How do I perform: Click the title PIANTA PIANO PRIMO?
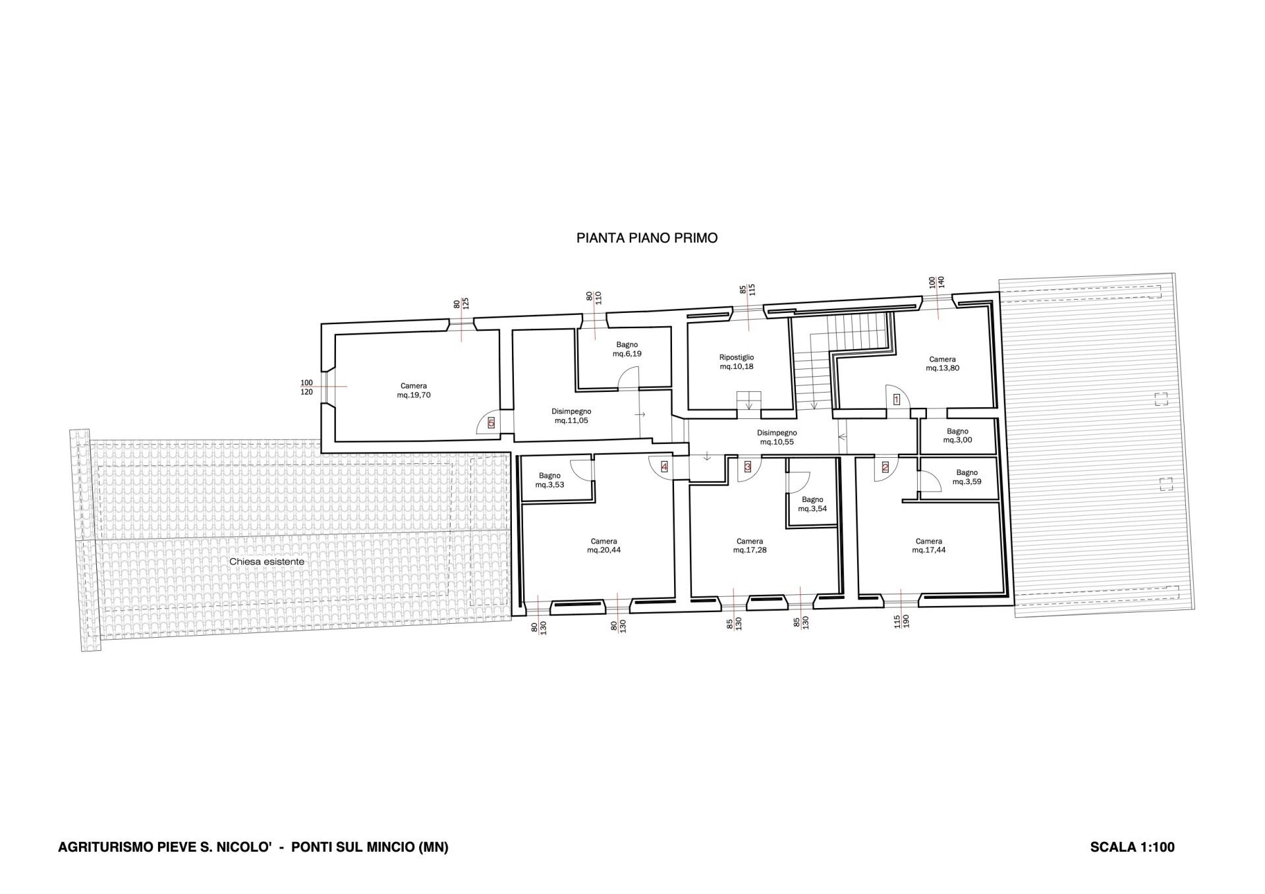tap(647, 238)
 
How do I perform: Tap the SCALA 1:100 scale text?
tap(1132, 847)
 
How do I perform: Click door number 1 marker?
tap(896, 399)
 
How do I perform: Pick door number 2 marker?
tap(885, 467)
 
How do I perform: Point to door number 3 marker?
tap(748, 467)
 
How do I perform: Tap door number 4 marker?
tap(664, 467)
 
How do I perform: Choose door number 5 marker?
tap(491, 424)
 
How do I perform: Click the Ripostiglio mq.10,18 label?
tap(737, 362)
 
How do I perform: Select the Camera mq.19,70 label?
tap(414, 391)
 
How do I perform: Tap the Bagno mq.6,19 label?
tap(627, 349)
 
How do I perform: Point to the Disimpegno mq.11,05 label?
tap(571, 416)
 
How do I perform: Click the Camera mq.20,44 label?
tap(604, 545)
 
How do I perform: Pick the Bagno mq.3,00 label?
tap(958, 435)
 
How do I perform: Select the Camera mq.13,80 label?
tap(943, 364)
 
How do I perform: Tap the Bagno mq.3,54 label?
tap(812, 504)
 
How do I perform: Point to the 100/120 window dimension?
tap(307, 387)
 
